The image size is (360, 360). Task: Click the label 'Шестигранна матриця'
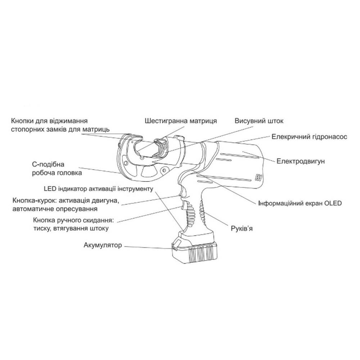(x=181, y=121)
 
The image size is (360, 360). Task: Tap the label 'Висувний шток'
(x=259, y=121)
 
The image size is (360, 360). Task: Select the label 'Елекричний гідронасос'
(x=309, y=137)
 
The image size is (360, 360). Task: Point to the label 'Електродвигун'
(x=301, y=161)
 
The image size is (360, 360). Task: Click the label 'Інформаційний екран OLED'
(x=300, y=203)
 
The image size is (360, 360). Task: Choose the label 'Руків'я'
(x=242, y=229)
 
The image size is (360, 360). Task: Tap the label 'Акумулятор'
(x=103, y=245)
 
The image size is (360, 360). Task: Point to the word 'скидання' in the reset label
(x=99, y=220)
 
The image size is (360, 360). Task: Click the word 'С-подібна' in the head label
(x=48, y=165)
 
